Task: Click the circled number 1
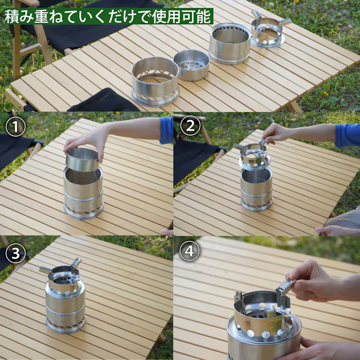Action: point(15,127)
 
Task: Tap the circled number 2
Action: point(190,126)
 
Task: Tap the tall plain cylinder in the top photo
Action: point(230,43)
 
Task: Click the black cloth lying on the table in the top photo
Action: point(104,101)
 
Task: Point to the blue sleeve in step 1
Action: point(166,130)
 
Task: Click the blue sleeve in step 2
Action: point(347,135)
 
